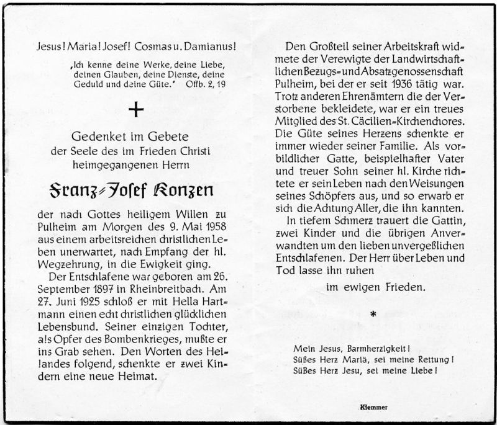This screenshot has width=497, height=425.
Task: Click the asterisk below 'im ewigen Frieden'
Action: tap(373, 315)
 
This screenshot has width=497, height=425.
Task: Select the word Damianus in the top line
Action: tap(214, 47)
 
